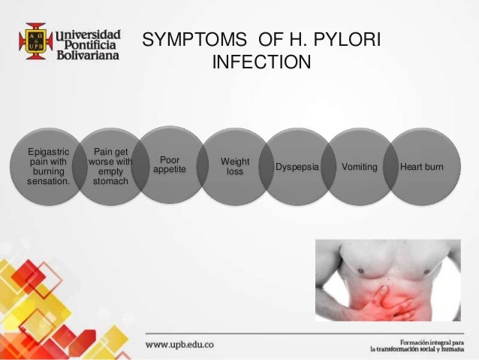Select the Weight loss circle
point(235,167)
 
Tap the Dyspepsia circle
point(297,166)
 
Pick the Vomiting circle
point(360,166)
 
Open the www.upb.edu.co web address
point(179,343)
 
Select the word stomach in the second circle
point(110,181)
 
